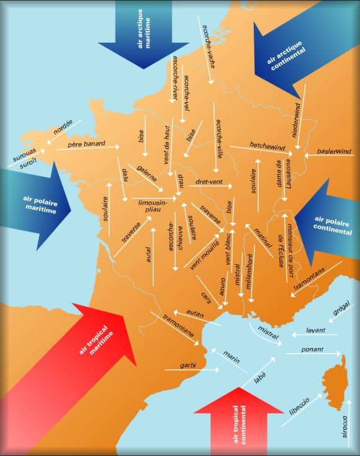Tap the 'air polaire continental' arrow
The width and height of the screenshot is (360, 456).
coord(326,223)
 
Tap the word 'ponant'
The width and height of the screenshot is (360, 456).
coord(312,350)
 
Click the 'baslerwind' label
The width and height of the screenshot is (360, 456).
coord(334,151)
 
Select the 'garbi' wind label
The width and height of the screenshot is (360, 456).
coord(187,365)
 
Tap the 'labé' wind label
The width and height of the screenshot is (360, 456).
coord(259,376)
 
